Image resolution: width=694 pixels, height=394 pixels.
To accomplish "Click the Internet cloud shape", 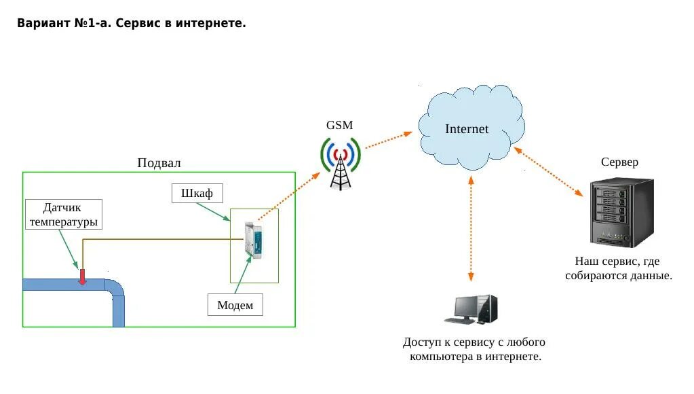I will [467, 128].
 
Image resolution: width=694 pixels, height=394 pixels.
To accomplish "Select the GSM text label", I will [339, 126].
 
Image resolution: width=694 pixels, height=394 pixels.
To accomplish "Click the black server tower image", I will [621, 212].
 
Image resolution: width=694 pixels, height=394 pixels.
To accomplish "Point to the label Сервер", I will [619, 162].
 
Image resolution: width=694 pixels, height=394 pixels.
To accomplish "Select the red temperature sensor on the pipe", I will [83, 276].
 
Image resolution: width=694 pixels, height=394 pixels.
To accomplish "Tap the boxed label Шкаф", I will [197, 194].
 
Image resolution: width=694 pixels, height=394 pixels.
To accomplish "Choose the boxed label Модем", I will [235, 305].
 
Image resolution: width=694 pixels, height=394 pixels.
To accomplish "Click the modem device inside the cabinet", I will [254, 240].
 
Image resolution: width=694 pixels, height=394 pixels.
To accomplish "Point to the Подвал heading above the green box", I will [159, 163].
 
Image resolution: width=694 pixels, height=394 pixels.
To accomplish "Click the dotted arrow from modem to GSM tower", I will [288, 196].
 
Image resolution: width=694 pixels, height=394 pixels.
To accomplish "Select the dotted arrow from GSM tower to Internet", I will [388, 139].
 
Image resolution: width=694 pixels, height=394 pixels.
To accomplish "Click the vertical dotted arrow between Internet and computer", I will [470, 228].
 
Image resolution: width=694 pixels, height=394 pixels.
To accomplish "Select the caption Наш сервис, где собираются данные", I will [618, 268].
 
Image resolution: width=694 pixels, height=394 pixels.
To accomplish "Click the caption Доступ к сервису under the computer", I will [474, 349].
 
